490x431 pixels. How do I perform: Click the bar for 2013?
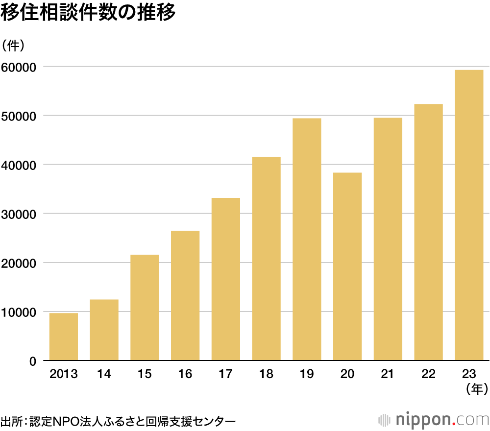coord(64,337)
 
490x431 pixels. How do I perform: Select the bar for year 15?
coord(145,308)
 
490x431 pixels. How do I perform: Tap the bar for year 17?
coord(226,279)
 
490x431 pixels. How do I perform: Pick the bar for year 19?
coord(307,239)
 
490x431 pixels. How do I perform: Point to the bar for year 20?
coord(347,266)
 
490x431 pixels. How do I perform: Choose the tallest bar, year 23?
coord(469,215)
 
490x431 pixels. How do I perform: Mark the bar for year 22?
coord(428,232)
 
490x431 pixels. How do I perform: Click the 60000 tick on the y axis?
coord(19,67)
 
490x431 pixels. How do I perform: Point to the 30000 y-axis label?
coord(19,214)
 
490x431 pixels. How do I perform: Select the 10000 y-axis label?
coord(19,312)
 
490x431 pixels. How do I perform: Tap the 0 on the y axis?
coord(33,361)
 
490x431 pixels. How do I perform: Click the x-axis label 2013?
coord(64,375)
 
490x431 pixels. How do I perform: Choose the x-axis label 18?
coord(266,375)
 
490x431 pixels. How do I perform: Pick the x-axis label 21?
coord(388,375)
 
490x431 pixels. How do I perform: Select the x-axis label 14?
coord(104,375)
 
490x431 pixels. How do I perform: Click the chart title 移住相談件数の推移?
coord(88,14)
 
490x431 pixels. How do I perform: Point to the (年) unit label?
coord(477,390)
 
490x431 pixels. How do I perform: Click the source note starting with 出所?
coord(118,421)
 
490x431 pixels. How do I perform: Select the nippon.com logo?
coord(434,420)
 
